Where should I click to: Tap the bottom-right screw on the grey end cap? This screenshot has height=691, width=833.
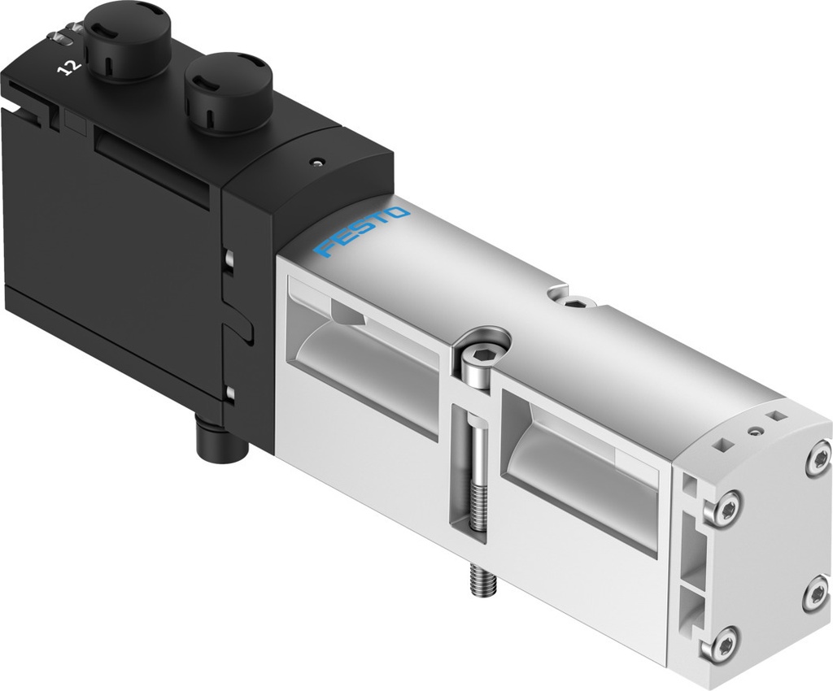pos(816,595)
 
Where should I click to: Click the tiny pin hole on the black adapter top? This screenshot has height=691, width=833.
pos(316,161)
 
